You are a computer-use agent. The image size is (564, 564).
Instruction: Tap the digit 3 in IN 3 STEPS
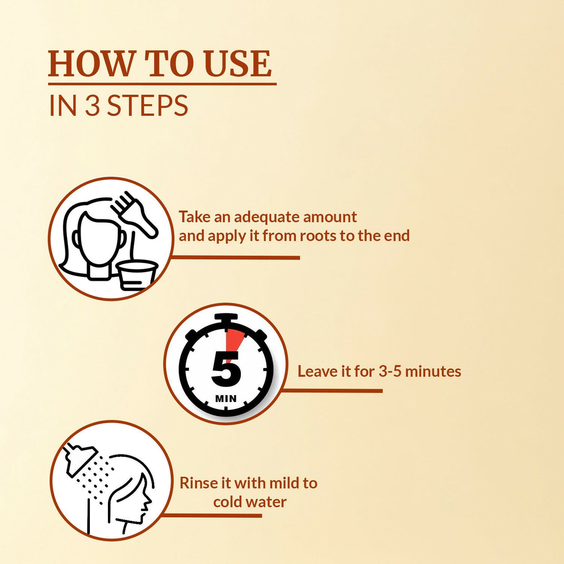[92, 106]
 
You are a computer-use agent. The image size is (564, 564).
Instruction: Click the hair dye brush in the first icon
[135, 213]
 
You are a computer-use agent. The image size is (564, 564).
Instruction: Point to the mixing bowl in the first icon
[137, 274]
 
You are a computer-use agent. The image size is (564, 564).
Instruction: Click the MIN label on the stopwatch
[226, 399]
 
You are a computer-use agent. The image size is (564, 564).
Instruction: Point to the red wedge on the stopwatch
[233, 341]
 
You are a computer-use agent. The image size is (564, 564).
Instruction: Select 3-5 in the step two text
[390, 371]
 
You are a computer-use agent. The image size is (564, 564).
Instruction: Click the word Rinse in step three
[198, 483]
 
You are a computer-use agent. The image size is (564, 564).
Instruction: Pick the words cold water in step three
[250, 502]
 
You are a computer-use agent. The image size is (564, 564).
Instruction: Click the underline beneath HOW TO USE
[162, 83]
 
